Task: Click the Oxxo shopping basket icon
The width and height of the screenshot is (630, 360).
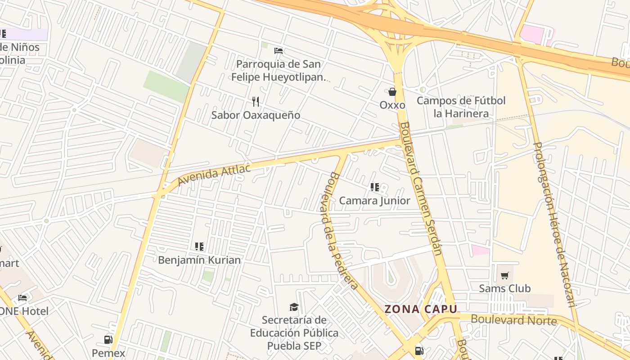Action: tap(392, 92)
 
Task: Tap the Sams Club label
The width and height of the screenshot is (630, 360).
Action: tap(504, 288)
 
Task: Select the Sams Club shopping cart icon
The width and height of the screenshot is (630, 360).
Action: tap(504, 275)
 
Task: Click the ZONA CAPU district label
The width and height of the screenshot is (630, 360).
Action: tap(421, 309)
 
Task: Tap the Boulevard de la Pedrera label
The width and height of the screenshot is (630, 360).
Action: tap(341, 230)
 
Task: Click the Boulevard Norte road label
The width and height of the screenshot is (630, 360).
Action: tap(513, 320)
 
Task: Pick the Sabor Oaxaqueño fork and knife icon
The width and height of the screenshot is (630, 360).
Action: tap(256, 102)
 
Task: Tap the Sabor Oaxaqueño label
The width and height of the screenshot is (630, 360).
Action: tap(256, 115)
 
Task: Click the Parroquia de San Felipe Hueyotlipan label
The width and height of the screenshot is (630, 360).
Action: tap(278, 71)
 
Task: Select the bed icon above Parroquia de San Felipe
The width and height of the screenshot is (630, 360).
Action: tap(279, 51)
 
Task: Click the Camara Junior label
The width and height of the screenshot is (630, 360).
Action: tap(374, 201)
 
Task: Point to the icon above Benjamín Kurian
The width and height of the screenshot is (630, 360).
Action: tap(199, 247)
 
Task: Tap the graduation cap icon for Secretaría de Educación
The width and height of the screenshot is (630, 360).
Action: tap(294, 307)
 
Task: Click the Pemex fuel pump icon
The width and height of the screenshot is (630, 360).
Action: tap(108, 340)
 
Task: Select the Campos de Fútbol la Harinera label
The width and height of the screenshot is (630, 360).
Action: tap(461, 107)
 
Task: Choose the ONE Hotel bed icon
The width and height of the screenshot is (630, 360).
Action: tap(22, 298)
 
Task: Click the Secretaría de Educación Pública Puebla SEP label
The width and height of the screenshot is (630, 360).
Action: tap(294, 333)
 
